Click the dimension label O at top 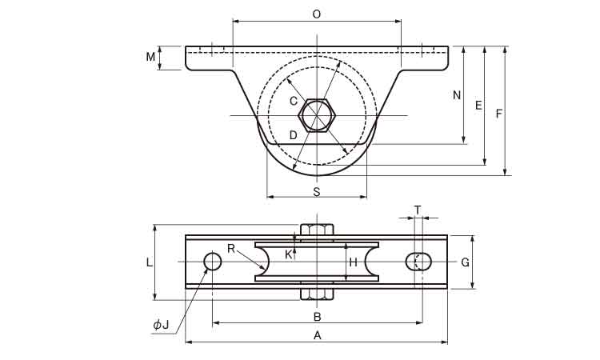pyautogui.click(x=316, y=14)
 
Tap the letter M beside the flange pyautogui.click(x=150, y=56)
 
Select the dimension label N pyautogui.click(x=457, y=95)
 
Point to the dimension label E pyautogui.click(x=478, y=106)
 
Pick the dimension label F pyautogui.click(x=499, y=114)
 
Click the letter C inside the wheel pyautogui.click(x=293, y=101)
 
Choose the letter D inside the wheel pyautogui.click(x=293, y=135)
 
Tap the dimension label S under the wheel pyautogui.click(x=316, y=192)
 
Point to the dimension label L pyautogui.click(x=149, y=262)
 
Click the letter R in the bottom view pyautogui.click(x=230, y=249)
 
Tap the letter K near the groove pyautogui.click(x=289, y=254)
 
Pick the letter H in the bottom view pyautogui.click(x=354, y=262)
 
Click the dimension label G pyautogui.click(x=464, y=262)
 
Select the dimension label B pyautogui.click(x=317, y=315)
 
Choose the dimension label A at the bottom pyautogui.click(x=317, y=336)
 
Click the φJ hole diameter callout pyautogui.click(x=161, y=324)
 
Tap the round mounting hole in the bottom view pyautogui.click(x=213, y=262)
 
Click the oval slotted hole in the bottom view pyautogui.click(x=419, y=262)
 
